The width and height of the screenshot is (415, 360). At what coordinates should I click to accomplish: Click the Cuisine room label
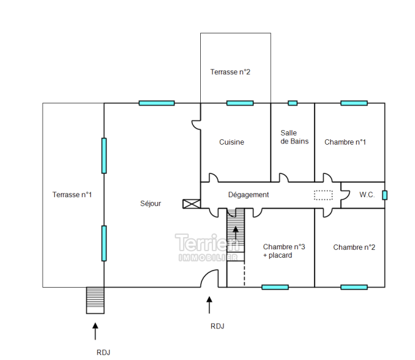pos(232,142)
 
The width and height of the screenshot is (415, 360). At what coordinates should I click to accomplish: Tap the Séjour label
pos(150,204)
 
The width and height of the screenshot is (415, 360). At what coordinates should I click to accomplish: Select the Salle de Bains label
pos(295,137)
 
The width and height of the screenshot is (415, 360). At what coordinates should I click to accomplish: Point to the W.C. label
pos(367,195)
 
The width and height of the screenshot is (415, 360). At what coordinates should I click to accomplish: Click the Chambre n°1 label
pos(345,142)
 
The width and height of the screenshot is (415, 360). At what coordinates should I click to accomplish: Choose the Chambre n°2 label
pos(354,247)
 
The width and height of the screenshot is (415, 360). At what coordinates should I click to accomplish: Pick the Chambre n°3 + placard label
pos(284,251)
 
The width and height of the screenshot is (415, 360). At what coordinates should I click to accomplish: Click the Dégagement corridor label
pos(248,195)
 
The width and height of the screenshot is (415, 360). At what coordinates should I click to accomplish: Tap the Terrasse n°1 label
pos(72,195)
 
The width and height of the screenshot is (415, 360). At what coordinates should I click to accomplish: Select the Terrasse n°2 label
pos(231,72)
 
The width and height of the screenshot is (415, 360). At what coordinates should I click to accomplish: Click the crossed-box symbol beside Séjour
pos(190,204)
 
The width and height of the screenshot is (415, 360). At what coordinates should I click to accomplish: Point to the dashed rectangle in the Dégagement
pos(324,195)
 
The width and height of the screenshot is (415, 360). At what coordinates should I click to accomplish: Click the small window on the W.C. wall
pos(385,195)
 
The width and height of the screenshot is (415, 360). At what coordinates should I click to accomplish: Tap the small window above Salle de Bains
pos(293,103)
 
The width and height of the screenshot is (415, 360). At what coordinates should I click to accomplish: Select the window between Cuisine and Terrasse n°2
pos(240,103)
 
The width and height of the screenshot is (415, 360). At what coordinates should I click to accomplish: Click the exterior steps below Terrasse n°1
pos(95,300)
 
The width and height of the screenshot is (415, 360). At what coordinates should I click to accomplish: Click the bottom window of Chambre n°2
pos(354,287)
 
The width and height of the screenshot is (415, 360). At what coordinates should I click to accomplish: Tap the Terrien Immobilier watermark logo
pos(207,247)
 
